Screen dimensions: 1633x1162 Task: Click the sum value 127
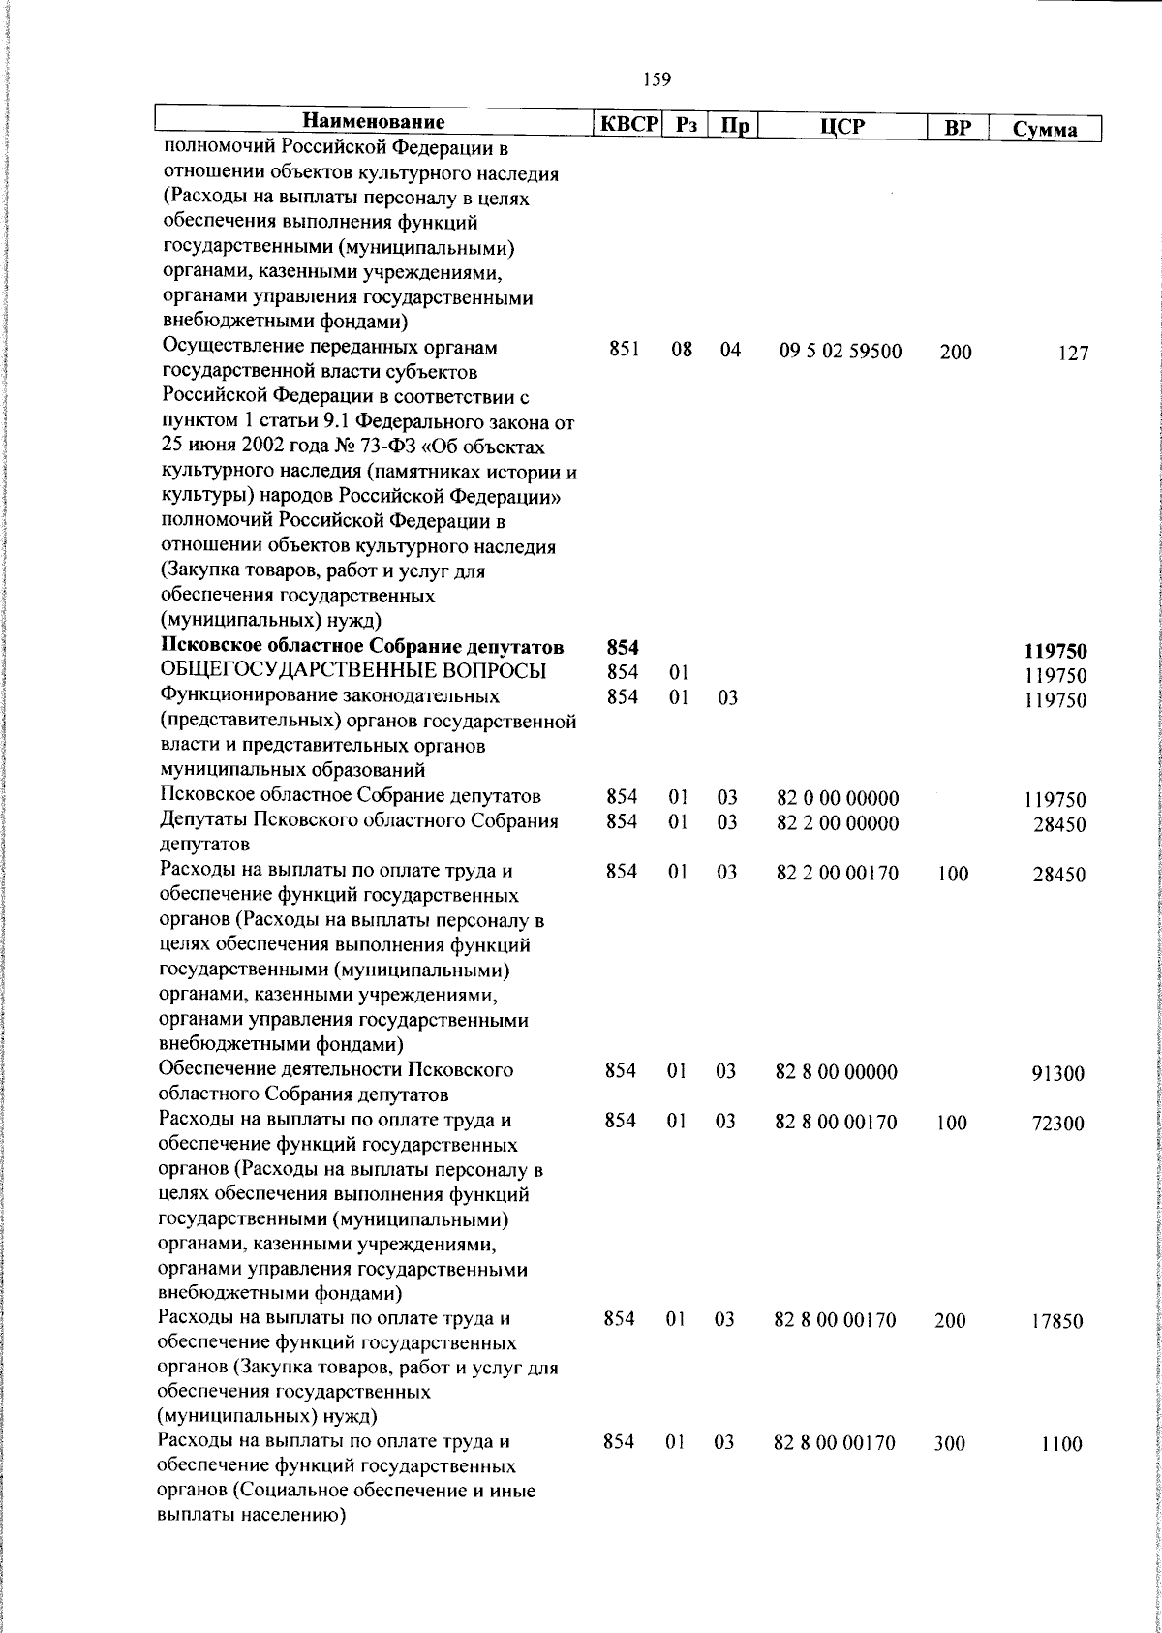coord(1073,354)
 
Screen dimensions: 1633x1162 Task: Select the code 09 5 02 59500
coord(840,352)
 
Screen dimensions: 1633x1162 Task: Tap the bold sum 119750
coord(1056,653)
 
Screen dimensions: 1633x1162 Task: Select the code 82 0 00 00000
coord(838,799)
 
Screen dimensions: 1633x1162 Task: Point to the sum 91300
coord(1057,1074)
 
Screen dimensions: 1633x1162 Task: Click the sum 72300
coord(1057,1125)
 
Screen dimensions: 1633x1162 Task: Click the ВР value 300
coord(949,1444)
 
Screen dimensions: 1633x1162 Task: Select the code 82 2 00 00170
coord(837,874)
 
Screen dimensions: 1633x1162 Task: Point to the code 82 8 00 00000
coord(837,1072)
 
